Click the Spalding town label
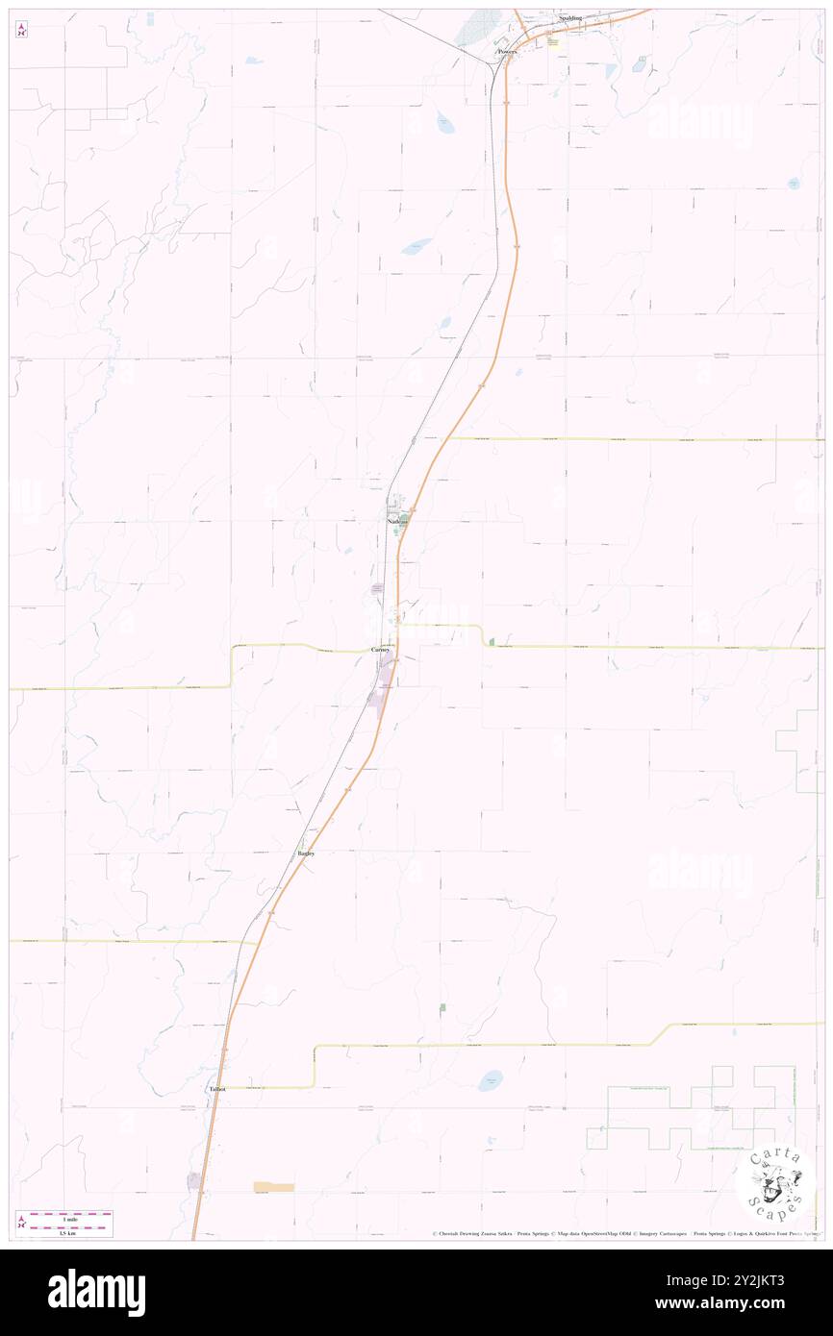tap(570, 18)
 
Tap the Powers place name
tap(507, 52)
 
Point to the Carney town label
tap(381, 650)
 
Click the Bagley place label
tap(306, 853)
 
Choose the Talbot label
tap(217, 1089)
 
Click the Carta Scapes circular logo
tap(775, 1181)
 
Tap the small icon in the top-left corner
tap(21, 30)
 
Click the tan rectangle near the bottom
tap(273, 1187)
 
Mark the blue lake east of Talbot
tap(491, 1080)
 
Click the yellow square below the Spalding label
tap(552, 41)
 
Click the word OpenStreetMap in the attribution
tap(613, 1234)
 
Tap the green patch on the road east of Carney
tap(492, 641)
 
